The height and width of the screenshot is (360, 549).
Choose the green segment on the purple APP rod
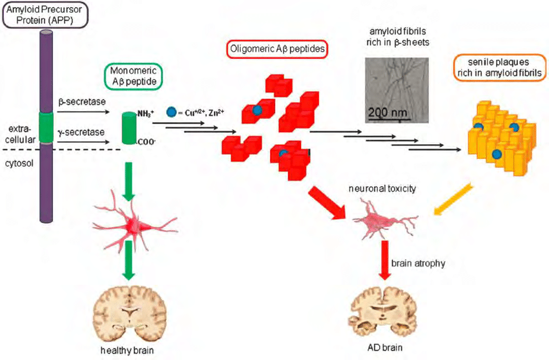tap(47, 127)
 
